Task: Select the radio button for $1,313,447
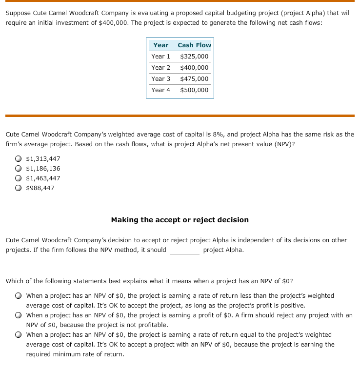point(18,159)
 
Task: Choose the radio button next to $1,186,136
point(18,169)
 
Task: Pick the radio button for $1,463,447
point(18,178)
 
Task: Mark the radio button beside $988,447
point(18,188)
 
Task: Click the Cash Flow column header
point(194,45)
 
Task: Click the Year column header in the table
point(160,45)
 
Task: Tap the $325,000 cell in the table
point(194,57)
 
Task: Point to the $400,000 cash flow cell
point(194,68)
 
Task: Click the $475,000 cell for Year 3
point(194,79)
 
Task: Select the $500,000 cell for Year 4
point(194,90)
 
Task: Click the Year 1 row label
point(160,57)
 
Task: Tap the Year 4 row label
point(160,90)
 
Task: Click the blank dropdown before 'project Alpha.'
point(184,251)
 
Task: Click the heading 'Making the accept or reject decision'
point(180,220)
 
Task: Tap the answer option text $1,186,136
point(43,169)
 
